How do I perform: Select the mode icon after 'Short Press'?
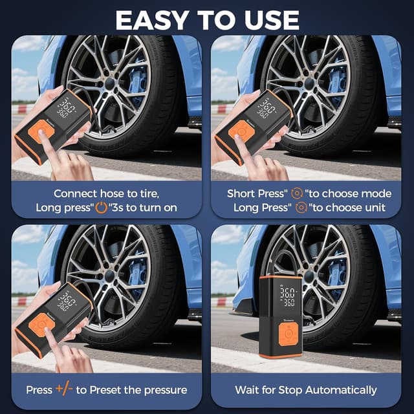pyautogui.click(x=297, y=193)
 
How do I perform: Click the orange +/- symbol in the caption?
pyautogui.click(x=63, y=389)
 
